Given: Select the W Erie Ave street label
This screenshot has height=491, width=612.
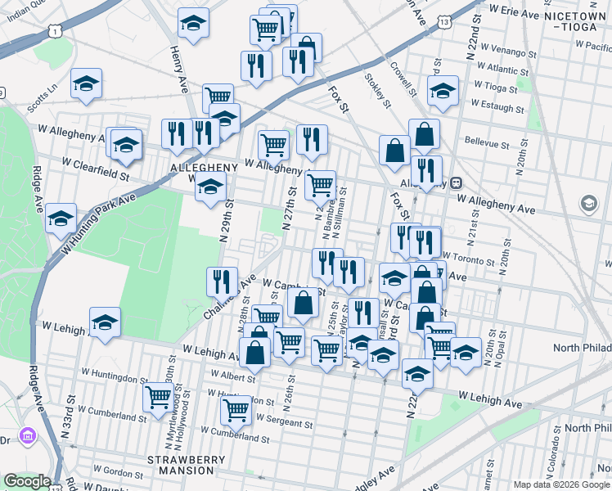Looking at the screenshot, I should [526, 14].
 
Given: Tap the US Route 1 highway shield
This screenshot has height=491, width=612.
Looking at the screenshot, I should [55, 30].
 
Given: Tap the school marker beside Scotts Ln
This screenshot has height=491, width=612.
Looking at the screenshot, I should [85, 85].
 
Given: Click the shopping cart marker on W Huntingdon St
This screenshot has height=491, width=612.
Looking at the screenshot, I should [158, 398].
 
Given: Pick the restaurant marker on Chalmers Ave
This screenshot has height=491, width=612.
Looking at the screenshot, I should [222, 281].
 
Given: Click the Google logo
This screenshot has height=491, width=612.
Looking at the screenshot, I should [26, 481].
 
